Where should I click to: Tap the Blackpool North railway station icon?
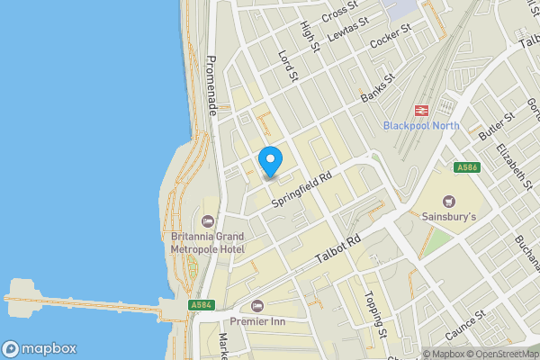(420, 110)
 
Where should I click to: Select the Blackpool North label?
(420, 125)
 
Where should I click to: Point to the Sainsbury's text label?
(449, 216)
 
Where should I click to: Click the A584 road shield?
(202, 306)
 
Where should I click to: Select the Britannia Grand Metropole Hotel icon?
(209, 220)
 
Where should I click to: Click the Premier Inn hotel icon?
(257, 306)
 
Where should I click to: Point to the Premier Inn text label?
(257, 321)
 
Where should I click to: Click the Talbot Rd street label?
(338, 249)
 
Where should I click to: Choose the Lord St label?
(287, 66)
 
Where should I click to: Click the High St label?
(311, 36)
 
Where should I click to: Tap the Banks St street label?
(378, 88)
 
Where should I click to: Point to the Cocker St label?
(391, 38)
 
